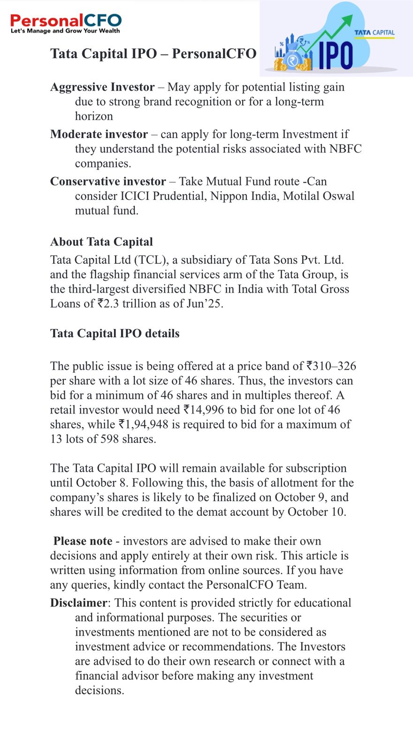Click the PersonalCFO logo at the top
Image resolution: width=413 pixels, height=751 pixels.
(x=66, y=20)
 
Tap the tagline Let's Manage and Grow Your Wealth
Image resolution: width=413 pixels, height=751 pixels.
(x=65, y=31)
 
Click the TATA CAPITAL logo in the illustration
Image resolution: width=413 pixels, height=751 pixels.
(x=374, y=32)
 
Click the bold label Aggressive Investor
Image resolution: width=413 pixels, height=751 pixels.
(x=102, y=87)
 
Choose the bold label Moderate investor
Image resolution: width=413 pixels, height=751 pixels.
(x=99, y=134)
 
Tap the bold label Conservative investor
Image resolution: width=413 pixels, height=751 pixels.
(x=108, y=182)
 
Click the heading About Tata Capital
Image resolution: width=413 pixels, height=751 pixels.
(x=101, y=242)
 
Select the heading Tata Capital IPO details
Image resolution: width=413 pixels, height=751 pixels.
(x=115, y=333)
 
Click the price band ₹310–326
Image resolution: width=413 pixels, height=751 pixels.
(x=334, y=366)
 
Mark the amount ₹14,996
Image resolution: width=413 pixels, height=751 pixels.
(x=203, y=410)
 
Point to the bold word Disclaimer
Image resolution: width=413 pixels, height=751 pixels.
(x=78, y=603)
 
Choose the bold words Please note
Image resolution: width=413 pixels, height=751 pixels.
(x=83, y=541)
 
